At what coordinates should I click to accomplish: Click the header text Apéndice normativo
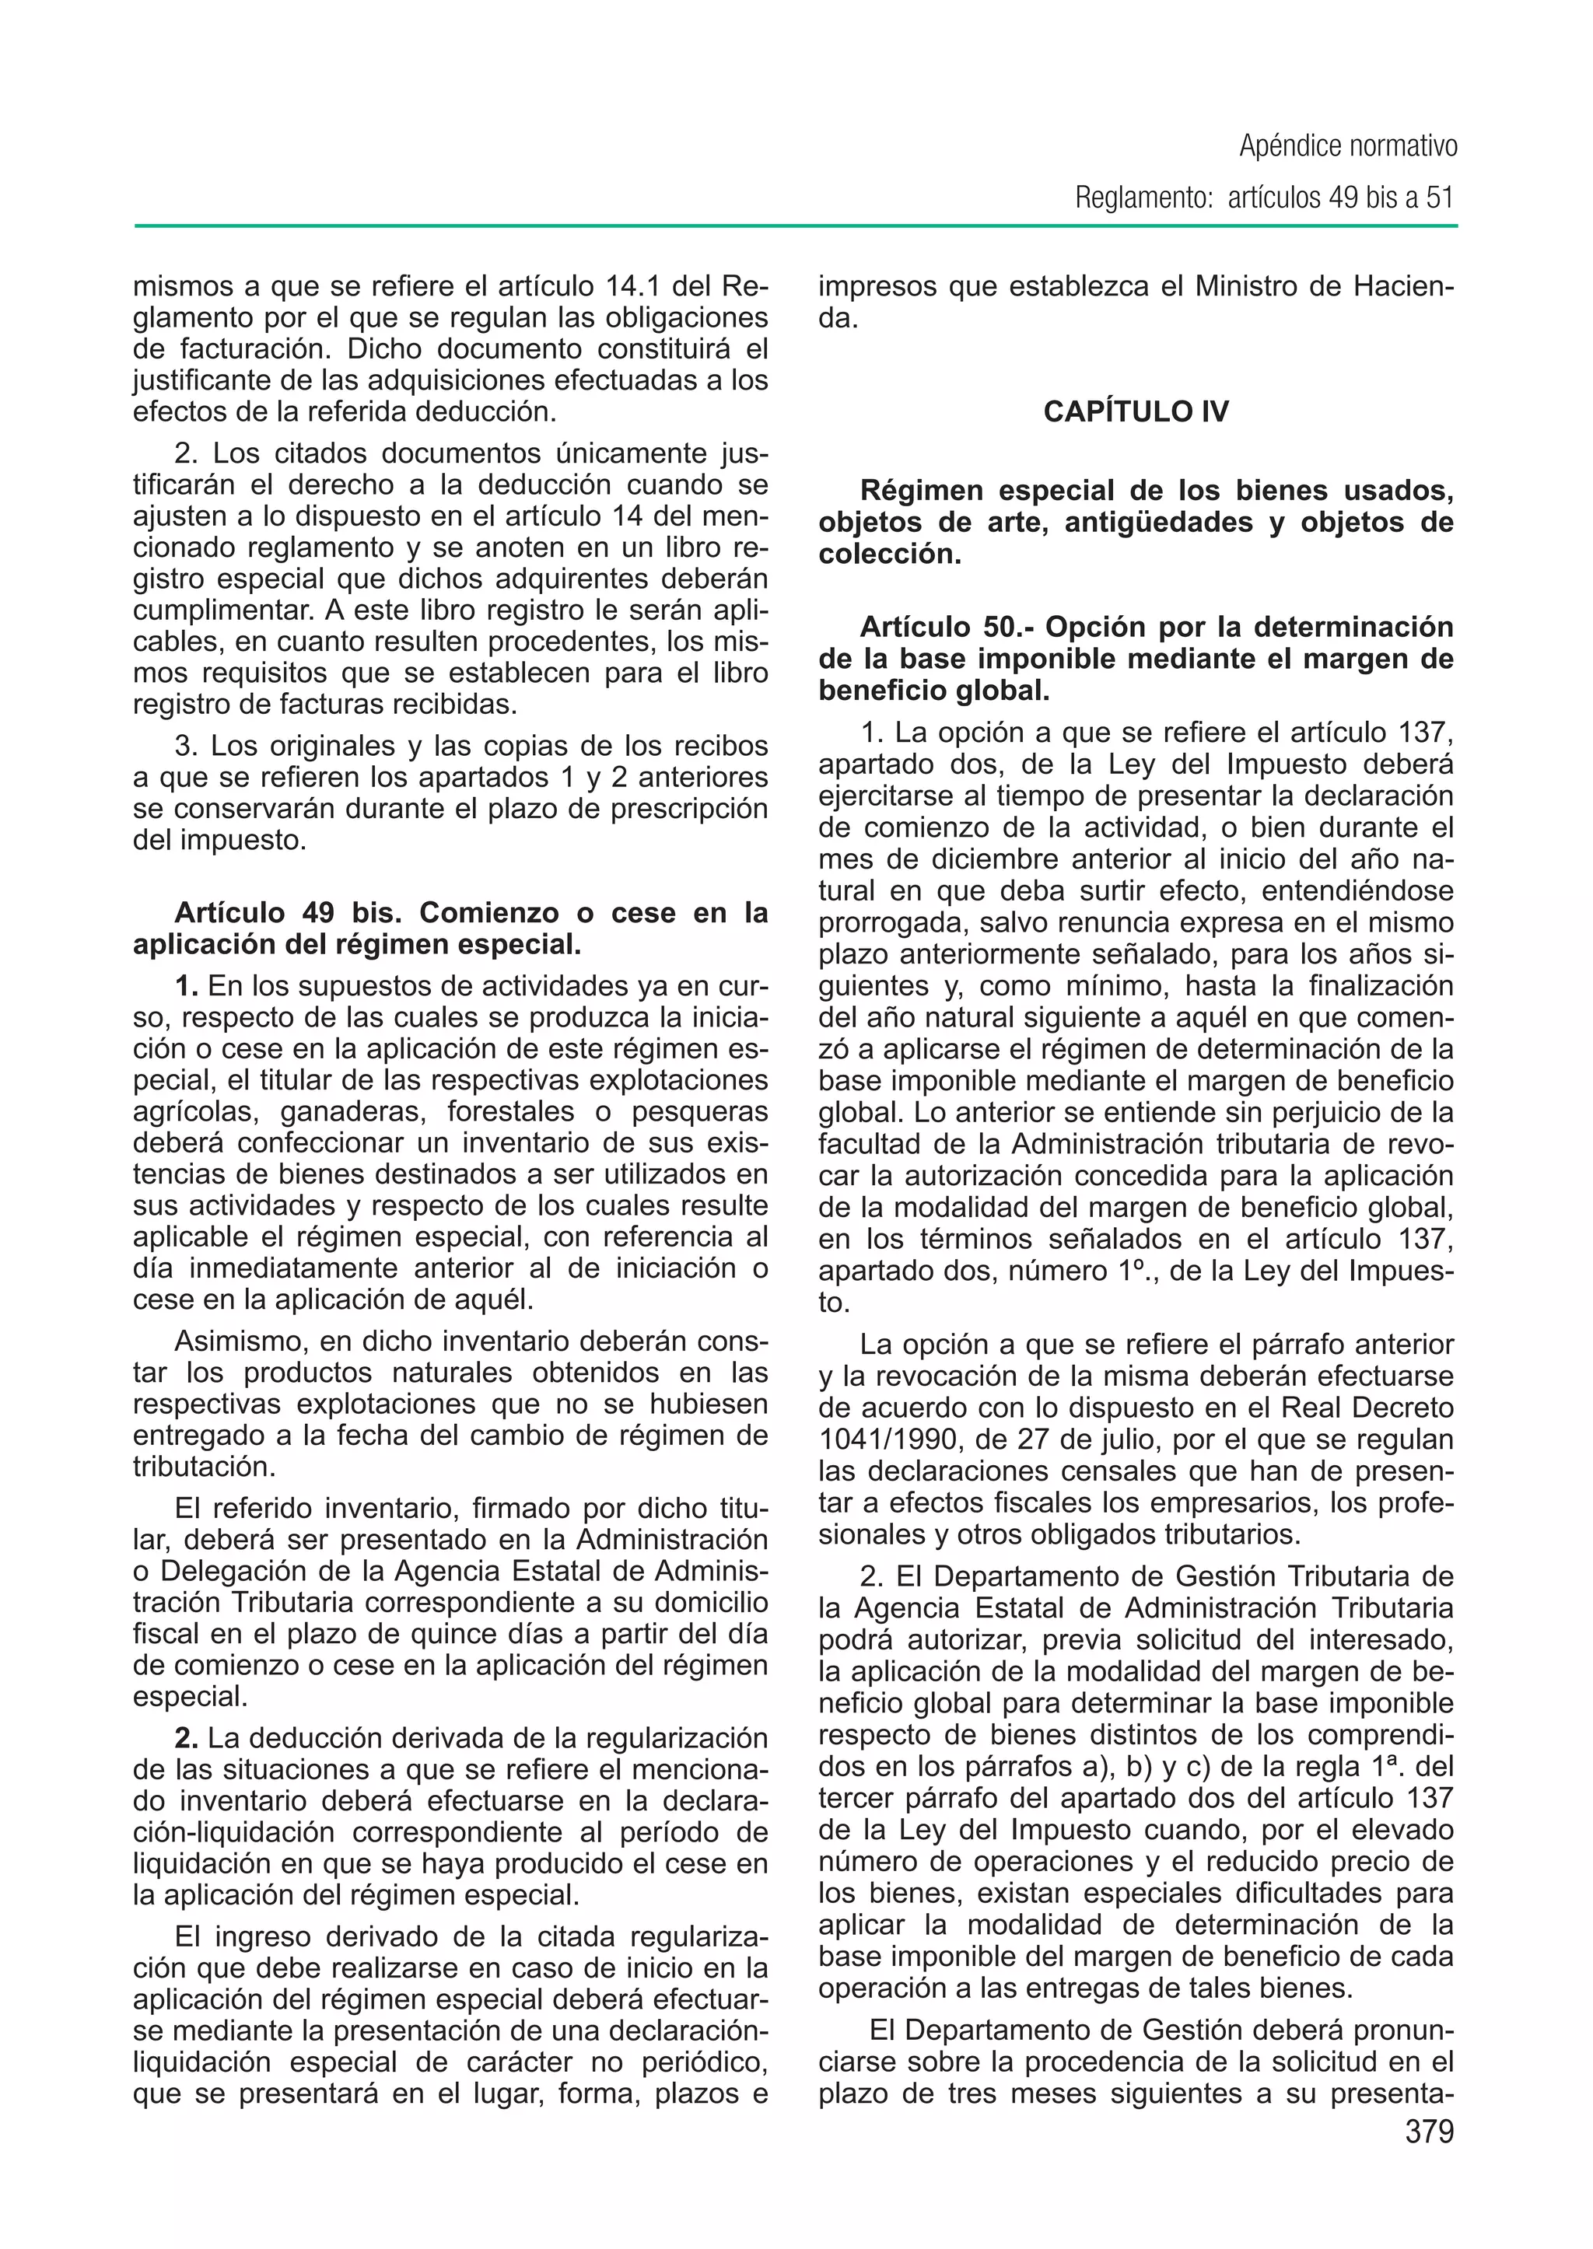pyautogui.click(x=1348, y=147)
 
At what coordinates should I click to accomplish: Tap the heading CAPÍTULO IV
pyautogui.click(x=1135, y=411)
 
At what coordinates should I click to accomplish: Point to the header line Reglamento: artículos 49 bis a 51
pyautogui.click(x=1263, y=198)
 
